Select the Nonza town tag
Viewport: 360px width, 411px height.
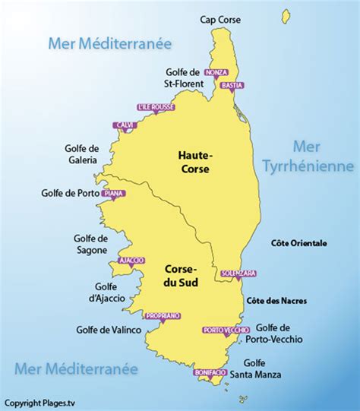pyautogui.click(x=216, y=71)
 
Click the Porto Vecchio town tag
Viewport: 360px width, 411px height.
pyautogui.click(x=226, y=330)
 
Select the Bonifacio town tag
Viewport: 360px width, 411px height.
pyautogui.click(x=210, y=373)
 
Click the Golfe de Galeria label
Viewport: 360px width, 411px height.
pyautogui.click(x=82, y=154)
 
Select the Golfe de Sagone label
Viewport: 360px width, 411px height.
pyautogui.click(x=91, y=243)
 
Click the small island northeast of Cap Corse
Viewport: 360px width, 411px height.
pyautogui.click(x=286, y=15)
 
